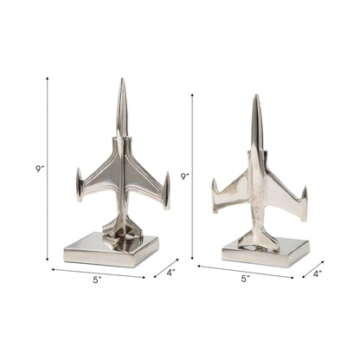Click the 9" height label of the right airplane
(x=184, y=177)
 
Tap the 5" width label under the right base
(x=245, y=278)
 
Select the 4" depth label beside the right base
(x=318, y=274)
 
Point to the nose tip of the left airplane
(x=122, y=81)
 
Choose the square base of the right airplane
(x=264, y=252)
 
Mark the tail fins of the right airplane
(x=257, y=237)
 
